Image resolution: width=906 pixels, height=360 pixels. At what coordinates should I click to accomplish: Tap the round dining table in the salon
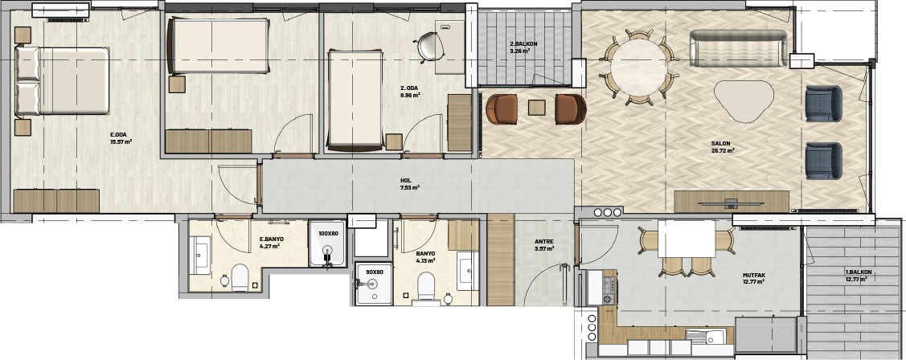(638, 67)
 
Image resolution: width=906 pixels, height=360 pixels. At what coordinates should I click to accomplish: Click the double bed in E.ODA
(63, 81)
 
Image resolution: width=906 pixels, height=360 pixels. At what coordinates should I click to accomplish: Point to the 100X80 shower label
(328, 234)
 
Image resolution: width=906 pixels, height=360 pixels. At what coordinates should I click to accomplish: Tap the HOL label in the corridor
(406, 180)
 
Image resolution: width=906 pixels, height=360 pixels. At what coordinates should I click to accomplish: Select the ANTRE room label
(543, 242)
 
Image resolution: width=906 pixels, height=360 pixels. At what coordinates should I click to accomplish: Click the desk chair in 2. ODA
(429, 47)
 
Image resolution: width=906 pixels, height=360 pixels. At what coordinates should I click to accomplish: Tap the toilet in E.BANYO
(240, 277)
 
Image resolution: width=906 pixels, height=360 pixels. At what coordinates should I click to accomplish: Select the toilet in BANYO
(426, 286)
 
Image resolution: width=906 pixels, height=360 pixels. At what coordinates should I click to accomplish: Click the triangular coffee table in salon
(744, 100)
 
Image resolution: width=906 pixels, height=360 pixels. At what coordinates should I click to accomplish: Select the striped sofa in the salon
(739, 48)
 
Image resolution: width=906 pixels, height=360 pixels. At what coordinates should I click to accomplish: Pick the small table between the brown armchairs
(537, 108)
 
